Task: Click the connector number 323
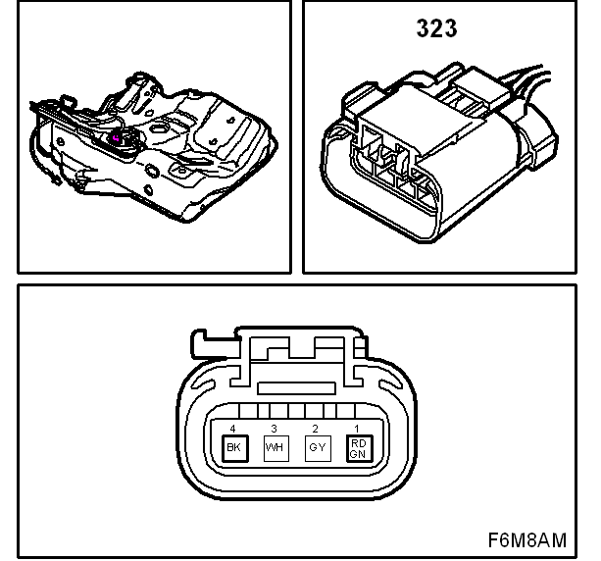tap(436, 28)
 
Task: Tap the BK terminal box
tap(235, 448)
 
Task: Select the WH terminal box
tap(275, 448)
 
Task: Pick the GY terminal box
tap(318, 448)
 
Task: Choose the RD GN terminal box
tap(359, 448)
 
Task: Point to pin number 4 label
tap(232, 429)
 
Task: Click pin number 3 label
tap(274, 429)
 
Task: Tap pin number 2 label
tap(315, 429)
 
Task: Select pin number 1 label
tap(357, 429)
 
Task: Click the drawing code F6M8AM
tap(527, 540)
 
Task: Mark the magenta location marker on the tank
tap(116, 138)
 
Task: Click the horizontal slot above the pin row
tap(296, 388)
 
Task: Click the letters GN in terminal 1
tap(358, 454)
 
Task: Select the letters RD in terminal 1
tap(359, 443)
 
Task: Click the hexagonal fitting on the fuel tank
tap(158, 128)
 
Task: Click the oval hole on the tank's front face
tap(152, 171)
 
